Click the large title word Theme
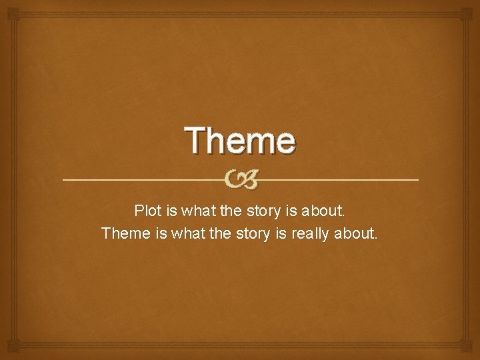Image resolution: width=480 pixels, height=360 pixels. (240, 140)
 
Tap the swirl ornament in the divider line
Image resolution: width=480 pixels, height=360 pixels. (240, 179)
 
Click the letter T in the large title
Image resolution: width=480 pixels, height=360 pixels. (198, 140)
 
